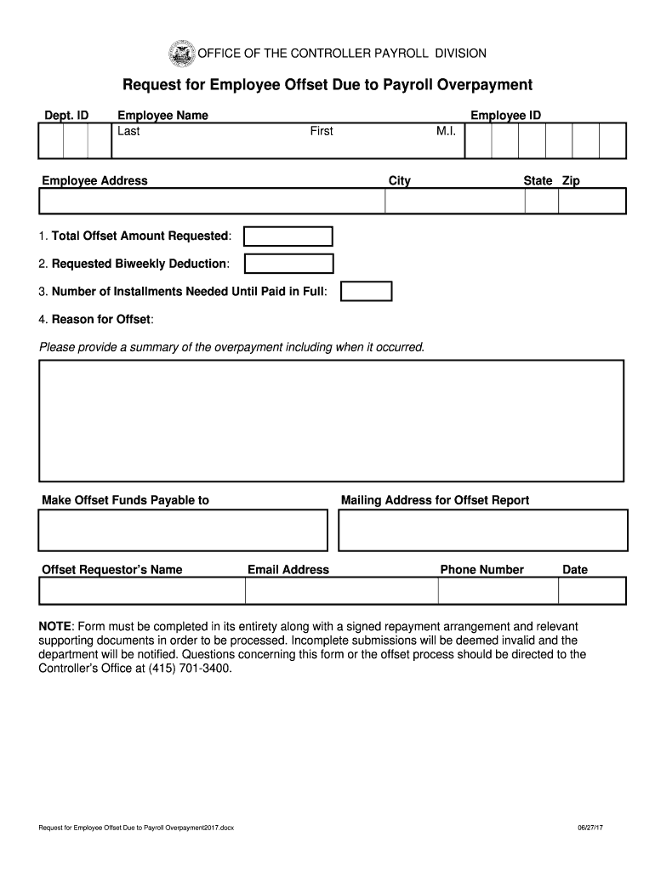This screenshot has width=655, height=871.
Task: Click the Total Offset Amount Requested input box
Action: click(288, 236)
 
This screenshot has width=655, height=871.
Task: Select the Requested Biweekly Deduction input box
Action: click(288, 264)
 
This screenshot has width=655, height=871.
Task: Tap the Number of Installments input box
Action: click(366, 292)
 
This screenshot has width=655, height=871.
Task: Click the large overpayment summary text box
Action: click(332, 420)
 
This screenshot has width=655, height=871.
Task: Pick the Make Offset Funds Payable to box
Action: click(182, 530)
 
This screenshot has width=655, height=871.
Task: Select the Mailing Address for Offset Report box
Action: click(482, 530)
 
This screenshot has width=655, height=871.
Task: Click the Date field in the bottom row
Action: click(593, 590)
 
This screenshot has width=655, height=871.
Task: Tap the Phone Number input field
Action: click(498, 590)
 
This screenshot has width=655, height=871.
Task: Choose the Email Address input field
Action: click(342, 590)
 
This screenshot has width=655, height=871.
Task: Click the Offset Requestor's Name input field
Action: click(142, 590)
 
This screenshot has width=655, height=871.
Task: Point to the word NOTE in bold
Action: click(55, 627)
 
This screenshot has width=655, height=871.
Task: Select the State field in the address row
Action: click(541, 201)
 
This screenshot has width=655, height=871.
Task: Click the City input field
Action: click(454, 201)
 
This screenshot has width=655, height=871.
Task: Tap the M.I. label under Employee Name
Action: click(447, 131)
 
